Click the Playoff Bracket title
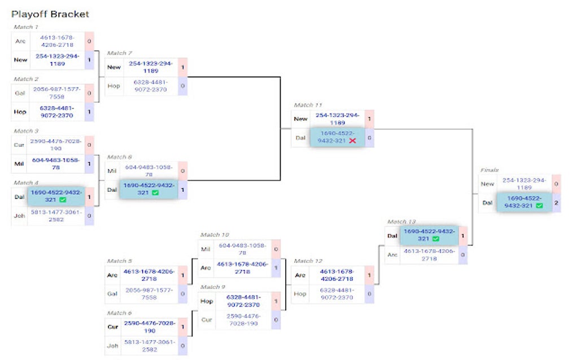(50, 14)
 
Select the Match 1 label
(26, 27)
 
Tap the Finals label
(489, 169)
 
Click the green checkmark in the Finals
(539, 206)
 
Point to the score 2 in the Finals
(556, 202)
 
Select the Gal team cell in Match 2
(20, 92)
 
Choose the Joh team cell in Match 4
(20, 215)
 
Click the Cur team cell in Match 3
(20, 144)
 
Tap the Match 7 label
(119, 53)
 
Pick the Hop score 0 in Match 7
(182, 86)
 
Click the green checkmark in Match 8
(155, 193)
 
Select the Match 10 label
(214, 235)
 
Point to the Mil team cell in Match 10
(207, 248)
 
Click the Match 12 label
(308, 261)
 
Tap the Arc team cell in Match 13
(392, 254)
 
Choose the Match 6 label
(119, 313)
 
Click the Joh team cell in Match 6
(114, 345)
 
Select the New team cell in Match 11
(300, 119)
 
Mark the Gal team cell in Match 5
(114, 293)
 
